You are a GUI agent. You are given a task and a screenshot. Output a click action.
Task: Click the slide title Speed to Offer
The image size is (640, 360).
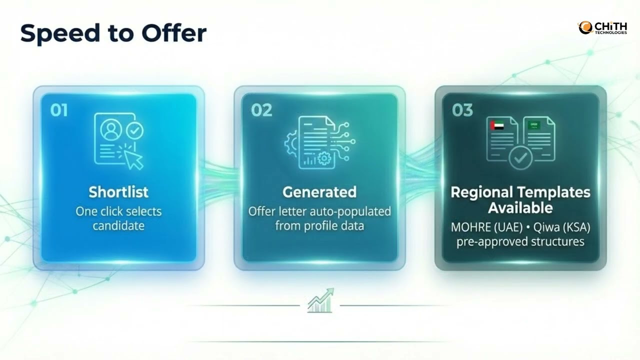[113, 33]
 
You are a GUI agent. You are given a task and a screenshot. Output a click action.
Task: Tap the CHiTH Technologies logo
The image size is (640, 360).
[602, 27]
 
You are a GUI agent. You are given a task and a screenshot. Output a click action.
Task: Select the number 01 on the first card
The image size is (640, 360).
[59, 110]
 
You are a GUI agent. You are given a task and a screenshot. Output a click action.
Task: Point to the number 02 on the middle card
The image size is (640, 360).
[261, 110]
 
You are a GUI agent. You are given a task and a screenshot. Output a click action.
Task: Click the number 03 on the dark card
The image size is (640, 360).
[462, 110]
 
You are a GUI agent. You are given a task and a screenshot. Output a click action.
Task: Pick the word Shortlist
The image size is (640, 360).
[118, 192]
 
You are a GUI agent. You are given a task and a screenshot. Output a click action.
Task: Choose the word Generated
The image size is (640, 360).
[319, 192]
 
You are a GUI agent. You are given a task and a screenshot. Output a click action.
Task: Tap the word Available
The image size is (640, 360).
[520, 207]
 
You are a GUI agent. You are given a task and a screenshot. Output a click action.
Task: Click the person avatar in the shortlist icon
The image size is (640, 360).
[110, 130]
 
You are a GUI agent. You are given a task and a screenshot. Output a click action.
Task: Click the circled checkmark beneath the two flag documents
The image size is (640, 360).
[520, 159]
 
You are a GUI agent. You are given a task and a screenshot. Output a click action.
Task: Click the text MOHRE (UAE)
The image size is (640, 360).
[480, 227]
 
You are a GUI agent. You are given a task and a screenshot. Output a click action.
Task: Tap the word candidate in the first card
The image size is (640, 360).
[118, 225]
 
